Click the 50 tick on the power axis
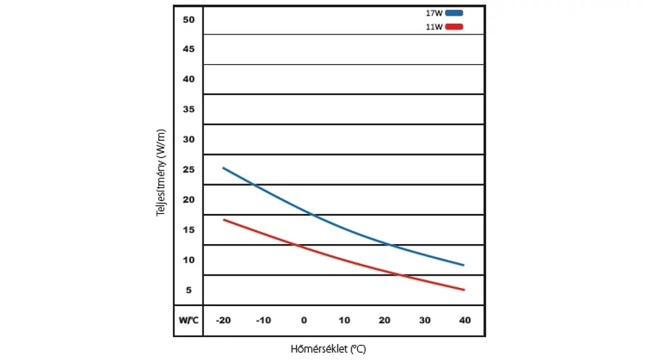189,20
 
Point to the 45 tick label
189,50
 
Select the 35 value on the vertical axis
189,110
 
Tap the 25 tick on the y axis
189,170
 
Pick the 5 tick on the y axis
189,290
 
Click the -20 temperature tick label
224,320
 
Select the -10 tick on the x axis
264,320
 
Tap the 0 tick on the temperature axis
304,320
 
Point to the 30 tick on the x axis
424,320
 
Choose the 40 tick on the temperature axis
464,320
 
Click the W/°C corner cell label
188,320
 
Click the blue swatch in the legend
454,13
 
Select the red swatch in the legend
454,27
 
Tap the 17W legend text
435,13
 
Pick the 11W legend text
435,27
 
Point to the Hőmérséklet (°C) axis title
328,349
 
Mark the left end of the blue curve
223,168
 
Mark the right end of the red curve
464,290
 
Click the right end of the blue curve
464,265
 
